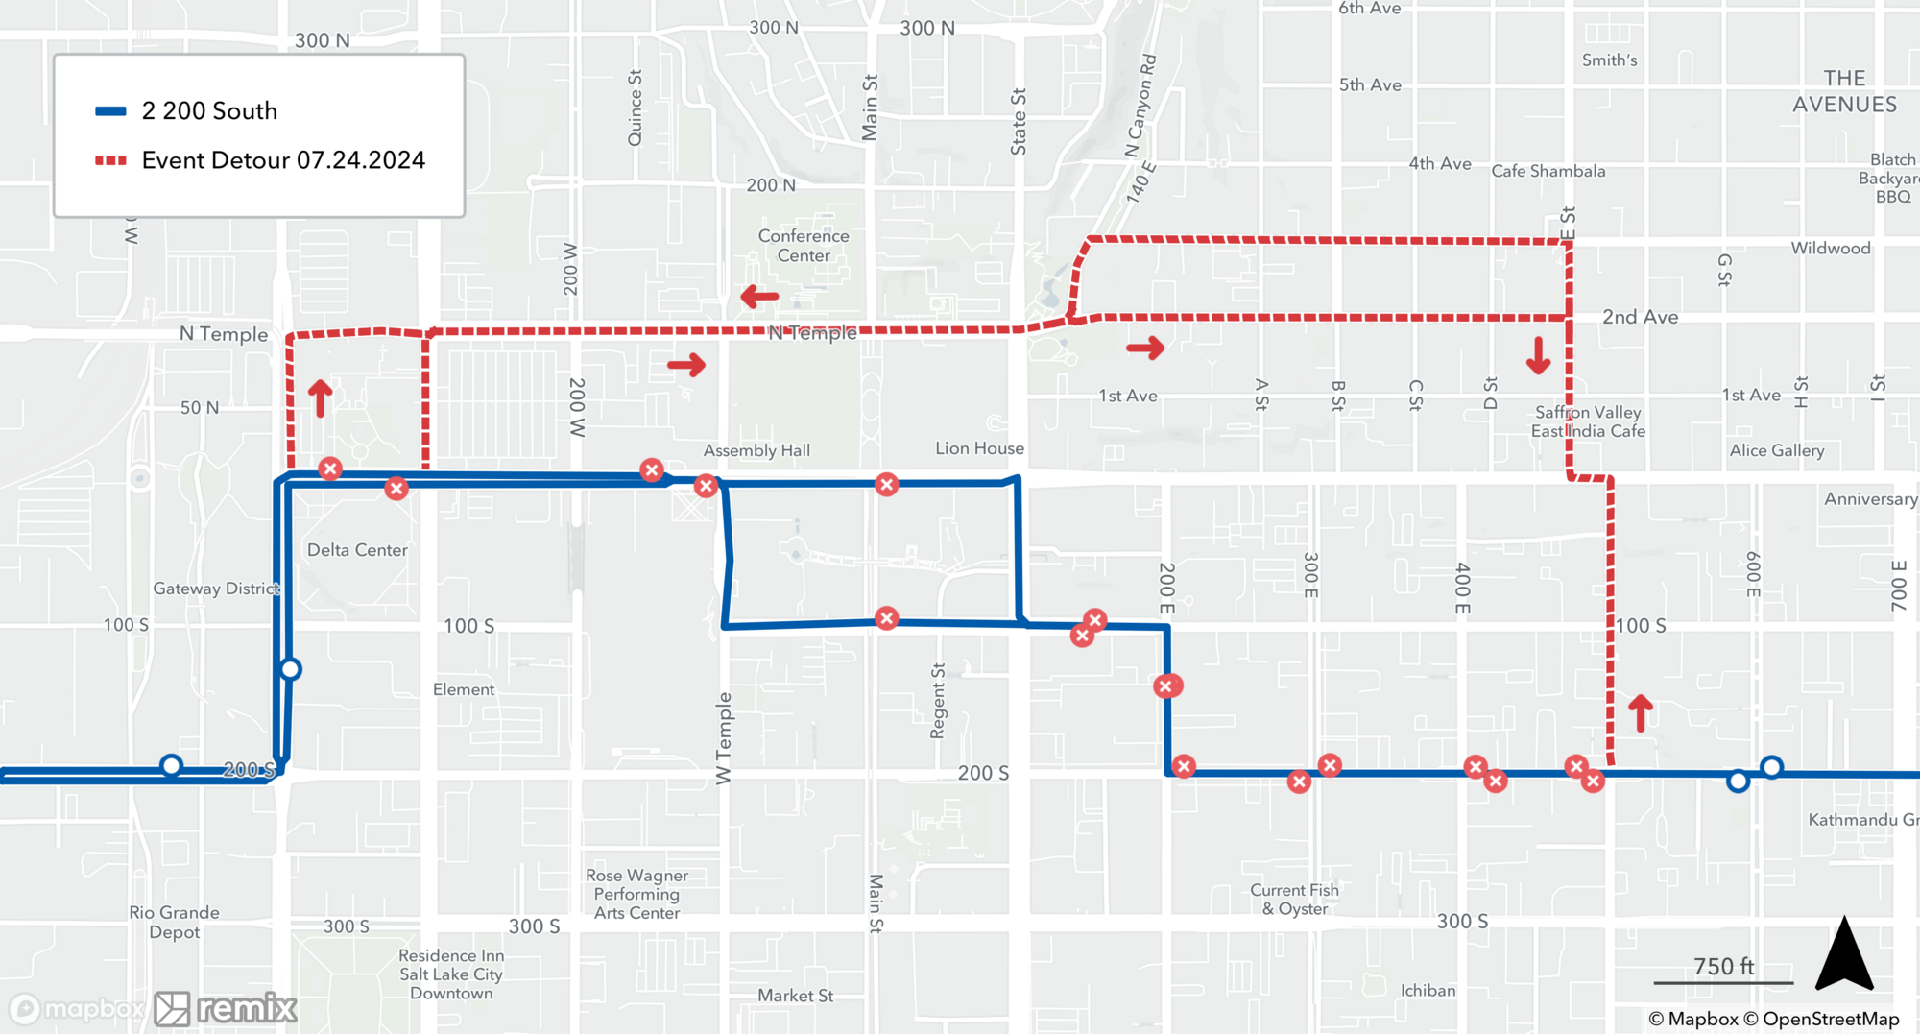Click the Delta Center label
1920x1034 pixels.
pyautogui.click(x=357, y=550)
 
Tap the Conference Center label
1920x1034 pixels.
pyautogui.click(x=804, y=246)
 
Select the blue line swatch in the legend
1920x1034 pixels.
pyautogui.click(x=110, y=111)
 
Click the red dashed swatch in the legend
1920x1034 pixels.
pyautogui.click(x=110, y=160)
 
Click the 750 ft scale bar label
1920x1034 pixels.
pyautogui.click(x=1723, y=966)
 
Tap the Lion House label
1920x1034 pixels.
pyautogui.click(x=979, y=448)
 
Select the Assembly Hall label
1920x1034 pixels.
pyautogui.click(x=756, y=450)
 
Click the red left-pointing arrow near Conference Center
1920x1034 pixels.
pyautogui.click(x=759, y=297)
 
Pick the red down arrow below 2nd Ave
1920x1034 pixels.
pyautogui.click(x=1538, y=355)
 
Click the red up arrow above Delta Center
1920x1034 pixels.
pyautogui.click(x=320, y=397)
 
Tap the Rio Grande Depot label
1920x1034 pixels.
pyautogui.click(x=175, y=922)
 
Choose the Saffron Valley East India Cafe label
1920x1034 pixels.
pyautogui.click(x=1588, y=421)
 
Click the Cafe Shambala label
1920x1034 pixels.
pyautogui.click(x=1548, y=171)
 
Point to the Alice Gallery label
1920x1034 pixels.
pyautogui.click(x=1776, y=450)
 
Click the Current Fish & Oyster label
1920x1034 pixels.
pyautogui.click(x=1295, y=899)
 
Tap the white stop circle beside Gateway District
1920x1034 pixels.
pyautogui.click(x=290, y=669)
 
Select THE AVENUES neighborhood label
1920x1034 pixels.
pyautogui.click(x=1844, y=91)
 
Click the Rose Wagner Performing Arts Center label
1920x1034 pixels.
pyautogui.click(x=636, y=894)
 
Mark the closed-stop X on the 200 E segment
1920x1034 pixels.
pyautogui.click(x=1166, y=685)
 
